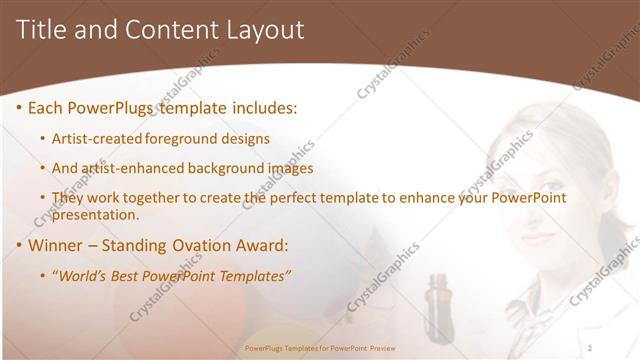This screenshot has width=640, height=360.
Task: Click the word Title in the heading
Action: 42,30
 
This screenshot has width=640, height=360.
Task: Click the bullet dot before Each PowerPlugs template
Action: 19,107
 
